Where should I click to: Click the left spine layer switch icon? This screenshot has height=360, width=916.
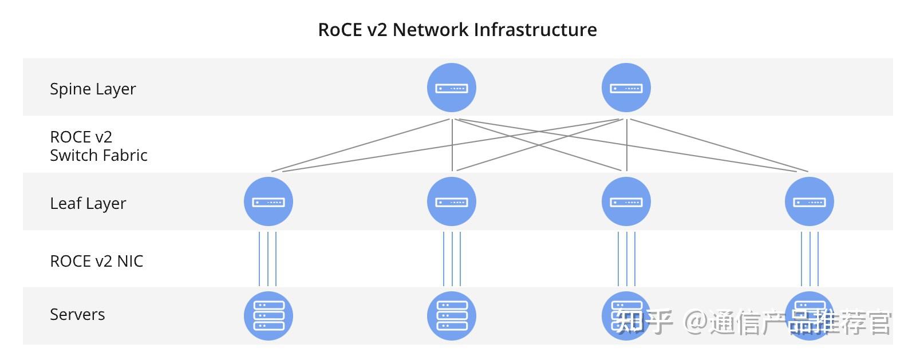click(452, 88)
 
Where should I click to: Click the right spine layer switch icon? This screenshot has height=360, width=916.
click(626, 88)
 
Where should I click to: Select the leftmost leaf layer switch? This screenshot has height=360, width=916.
click(269, 201)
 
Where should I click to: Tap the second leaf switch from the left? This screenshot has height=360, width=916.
click(452, 201)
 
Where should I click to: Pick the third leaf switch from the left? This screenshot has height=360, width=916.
click(626, 201)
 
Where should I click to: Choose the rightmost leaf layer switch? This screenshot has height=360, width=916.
click(809, 201)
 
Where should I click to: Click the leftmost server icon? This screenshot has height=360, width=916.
click(269, 316)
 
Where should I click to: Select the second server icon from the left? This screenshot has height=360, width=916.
click(452, 316)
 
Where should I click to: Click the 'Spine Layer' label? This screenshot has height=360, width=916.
click(93, 89)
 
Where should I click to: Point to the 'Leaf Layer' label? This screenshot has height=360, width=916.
click(88, 204)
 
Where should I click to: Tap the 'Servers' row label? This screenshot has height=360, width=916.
click(77, 315)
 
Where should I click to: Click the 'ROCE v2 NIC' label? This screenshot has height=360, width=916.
click(96, 262)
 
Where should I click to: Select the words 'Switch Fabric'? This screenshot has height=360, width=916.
click(98, 156)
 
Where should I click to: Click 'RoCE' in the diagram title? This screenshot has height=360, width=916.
click(340, 30)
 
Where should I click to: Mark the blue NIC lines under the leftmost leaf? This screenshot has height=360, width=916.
click(268, 259)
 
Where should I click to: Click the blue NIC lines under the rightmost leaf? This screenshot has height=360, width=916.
click(810, 259)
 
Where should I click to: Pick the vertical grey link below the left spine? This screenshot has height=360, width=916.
click(452, 144)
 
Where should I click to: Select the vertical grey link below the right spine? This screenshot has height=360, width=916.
click(627, 144)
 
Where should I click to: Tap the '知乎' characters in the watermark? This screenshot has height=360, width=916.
click(644, 322)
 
